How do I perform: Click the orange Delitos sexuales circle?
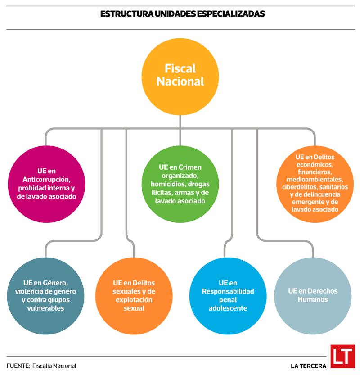[x=134, y=295]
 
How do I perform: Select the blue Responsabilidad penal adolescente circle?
[x=228, y=295]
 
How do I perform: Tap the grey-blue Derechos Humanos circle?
[x=312, y=295]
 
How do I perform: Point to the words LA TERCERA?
[x=308, y=366]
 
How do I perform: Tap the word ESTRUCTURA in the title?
[x=122, y=14]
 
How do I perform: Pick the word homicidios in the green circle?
[x=168, y=184]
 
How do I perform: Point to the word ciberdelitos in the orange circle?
[x=296, y=187]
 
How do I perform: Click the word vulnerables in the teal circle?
[x=45, y=308]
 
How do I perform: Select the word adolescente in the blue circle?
[x=228, y=308]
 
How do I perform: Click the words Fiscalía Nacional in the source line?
[x=54, y=366]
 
